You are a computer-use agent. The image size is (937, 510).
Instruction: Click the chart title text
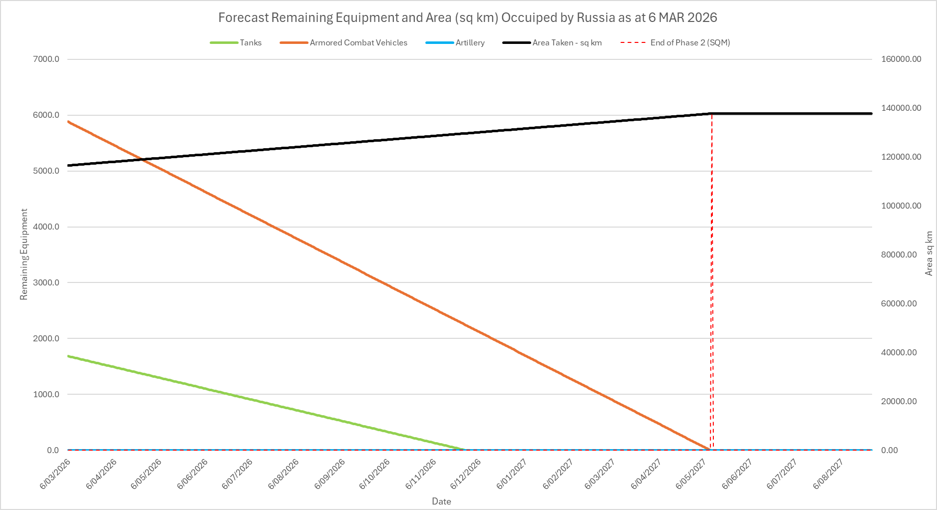(467, 17)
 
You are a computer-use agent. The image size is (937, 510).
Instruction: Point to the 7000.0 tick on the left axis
(46, 59)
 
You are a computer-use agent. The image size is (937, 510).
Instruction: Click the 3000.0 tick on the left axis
(46, 283)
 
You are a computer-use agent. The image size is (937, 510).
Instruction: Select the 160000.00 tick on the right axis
(901, 59)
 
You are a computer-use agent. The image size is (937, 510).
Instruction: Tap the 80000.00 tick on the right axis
(899, 255)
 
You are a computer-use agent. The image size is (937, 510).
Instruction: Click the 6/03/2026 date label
(55, 474)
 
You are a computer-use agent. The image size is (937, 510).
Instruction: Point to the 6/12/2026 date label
(465, 474)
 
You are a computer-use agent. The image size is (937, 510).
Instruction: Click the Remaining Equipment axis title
(23, 255)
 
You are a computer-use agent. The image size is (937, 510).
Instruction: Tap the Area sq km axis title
(929, 254)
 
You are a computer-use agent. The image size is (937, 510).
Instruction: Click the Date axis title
(441, 502)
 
